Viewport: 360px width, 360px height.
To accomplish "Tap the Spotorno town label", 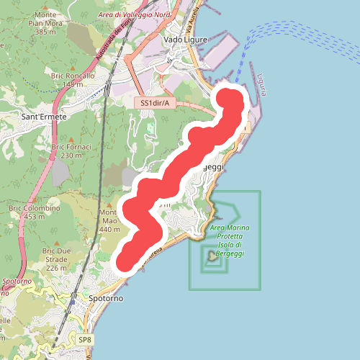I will pos(106,297).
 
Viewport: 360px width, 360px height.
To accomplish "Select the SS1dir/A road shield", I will pos(156,104).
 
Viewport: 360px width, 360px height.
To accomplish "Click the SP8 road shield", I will pos(85,339).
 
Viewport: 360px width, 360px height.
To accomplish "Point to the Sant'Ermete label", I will pos(44,116).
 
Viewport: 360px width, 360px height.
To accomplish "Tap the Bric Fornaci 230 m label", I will pos(71,150).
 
